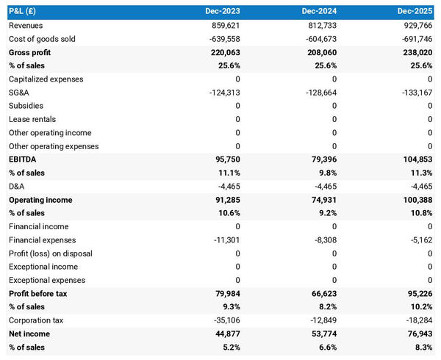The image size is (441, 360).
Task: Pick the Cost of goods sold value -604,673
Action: coord(318,39)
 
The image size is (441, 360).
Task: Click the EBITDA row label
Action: coord(24,159)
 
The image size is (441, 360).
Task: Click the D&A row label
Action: coord(17,187)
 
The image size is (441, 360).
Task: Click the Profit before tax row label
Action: coord(38,294)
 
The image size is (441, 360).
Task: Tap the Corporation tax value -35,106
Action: coord(223,320)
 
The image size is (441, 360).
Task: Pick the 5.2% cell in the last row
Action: coord(229,348)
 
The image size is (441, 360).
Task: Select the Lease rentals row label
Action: coord(32,119)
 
